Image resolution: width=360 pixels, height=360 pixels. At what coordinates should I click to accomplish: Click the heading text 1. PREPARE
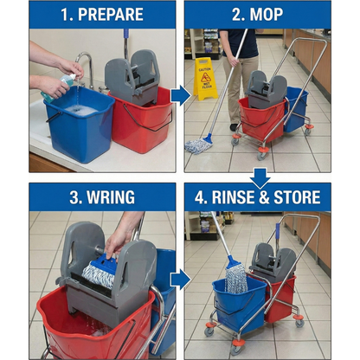[x=101, y=15]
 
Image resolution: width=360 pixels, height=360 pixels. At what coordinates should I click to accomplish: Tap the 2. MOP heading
[x=257, y=15]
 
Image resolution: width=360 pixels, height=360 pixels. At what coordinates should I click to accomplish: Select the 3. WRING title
[x=101, y=196]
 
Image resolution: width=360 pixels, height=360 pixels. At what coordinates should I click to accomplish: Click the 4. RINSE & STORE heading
[x=257, y=196]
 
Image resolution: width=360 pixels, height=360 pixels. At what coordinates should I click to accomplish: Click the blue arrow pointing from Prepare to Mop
[x=180, y=94]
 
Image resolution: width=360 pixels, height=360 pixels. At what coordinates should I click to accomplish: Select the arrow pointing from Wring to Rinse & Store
[x=180, y=279]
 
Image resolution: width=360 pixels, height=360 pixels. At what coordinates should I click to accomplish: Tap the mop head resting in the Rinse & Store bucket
[x=235, y=277]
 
